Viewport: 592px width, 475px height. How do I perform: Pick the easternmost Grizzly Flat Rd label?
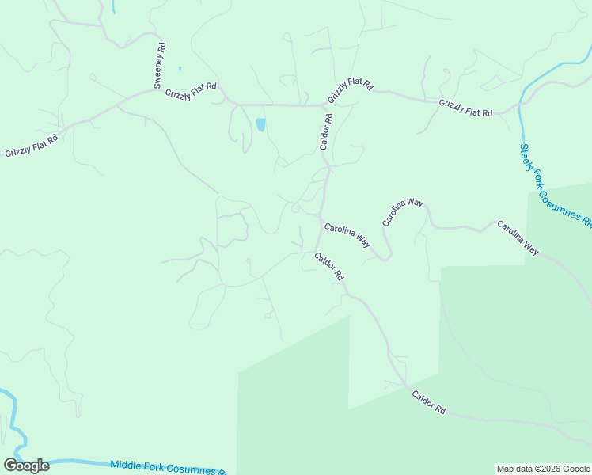point(465,108)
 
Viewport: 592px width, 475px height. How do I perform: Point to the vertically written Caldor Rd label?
point(326,131)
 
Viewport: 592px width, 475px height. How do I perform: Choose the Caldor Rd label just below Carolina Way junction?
point(328,266)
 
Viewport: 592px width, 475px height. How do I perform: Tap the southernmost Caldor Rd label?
point(429,402)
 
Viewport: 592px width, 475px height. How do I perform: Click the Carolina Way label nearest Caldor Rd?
point(347,234)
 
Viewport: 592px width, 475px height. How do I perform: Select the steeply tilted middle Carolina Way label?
point(403,213)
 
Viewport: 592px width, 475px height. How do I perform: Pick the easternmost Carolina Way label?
point(518,237)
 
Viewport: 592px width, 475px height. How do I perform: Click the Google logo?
point(26,465)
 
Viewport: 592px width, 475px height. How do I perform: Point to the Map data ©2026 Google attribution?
point(543,469)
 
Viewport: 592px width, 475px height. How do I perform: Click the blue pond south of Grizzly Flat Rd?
point(260,125)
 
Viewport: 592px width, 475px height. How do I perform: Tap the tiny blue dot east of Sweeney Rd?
point(180,68)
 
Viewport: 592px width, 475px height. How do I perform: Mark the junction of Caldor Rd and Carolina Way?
point(321,215)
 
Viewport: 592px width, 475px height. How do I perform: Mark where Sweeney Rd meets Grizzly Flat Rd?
point(156,91)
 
